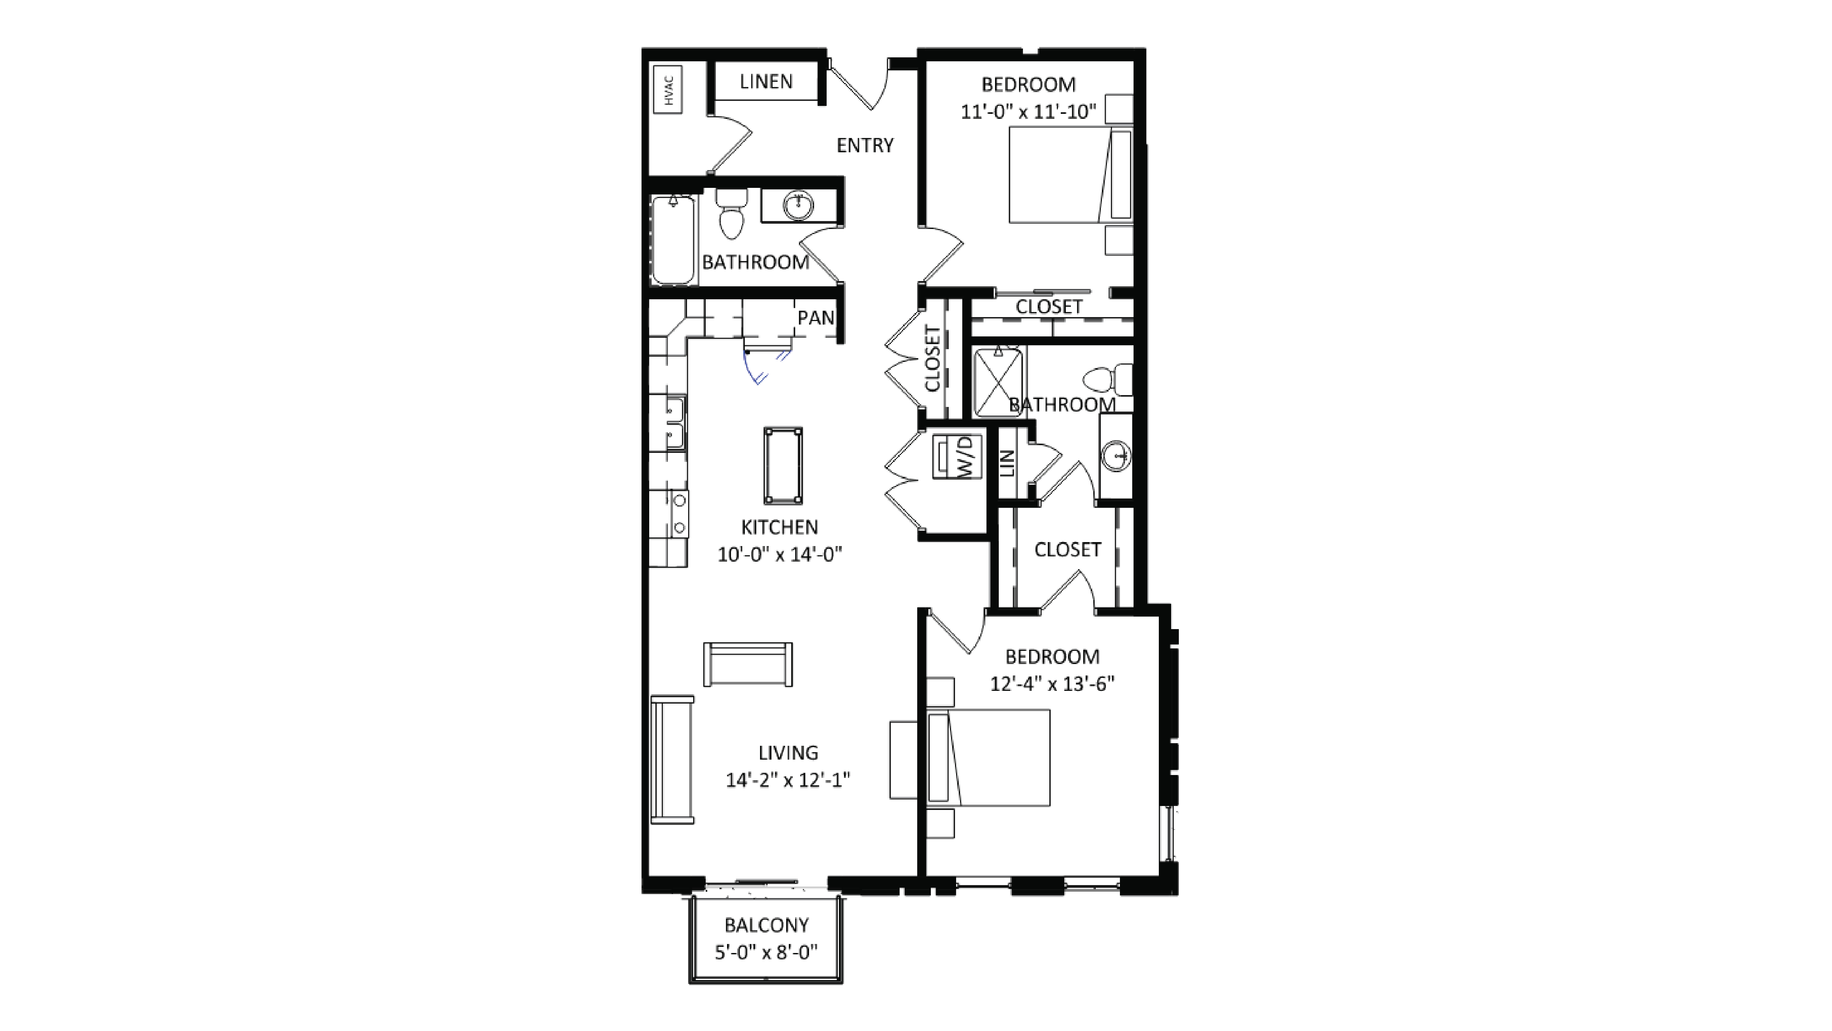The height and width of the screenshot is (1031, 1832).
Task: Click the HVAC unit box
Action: click(668, 90)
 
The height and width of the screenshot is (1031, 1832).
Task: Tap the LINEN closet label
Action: click(766, 82)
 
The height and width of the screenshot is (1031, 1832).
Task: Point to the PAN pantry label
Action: click(815, 318)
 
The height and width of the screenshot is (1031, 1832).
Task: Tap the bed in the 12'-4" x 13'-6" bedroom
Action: click(988, 758)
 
